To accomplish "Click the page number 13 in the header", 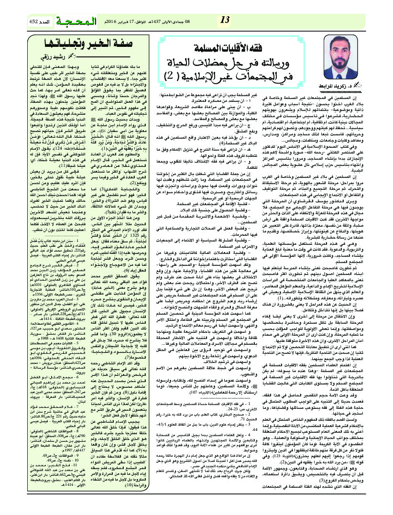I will pyautogui.click(x=224, y=21).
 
